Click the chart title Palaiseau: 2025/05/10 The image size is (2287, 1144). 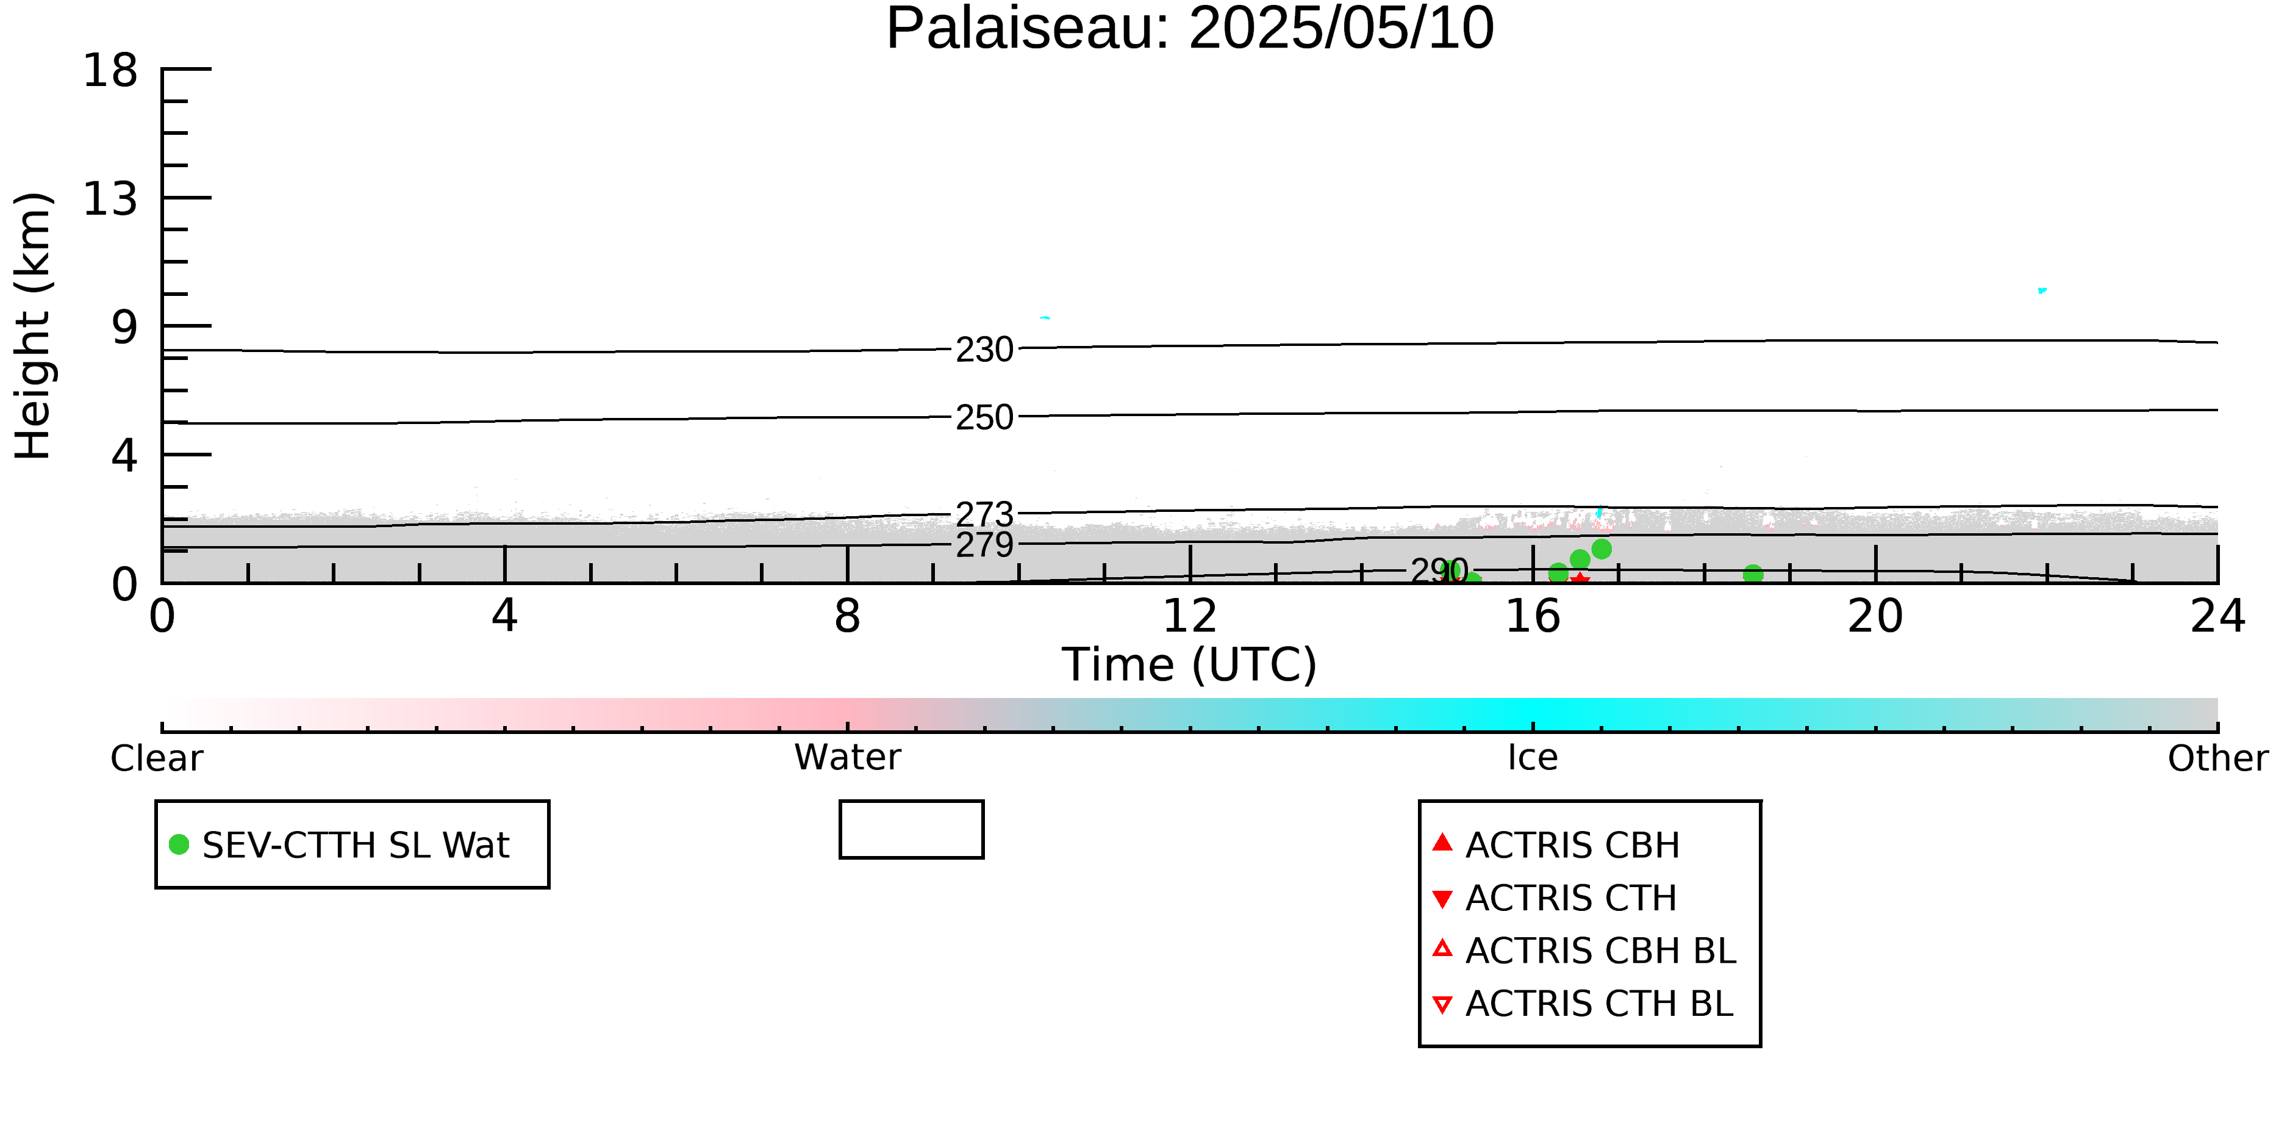1190,29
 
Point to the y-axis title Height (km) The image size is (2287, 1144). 34,326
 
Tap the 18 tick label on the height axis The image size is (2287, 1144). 110,70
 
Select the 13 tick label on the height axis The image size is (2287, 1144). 110,198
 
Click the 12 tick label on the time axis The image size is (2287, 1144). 1190,616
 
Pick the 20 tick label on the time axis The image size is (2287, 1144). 1875,616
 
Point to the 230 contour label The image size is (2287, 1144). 984,349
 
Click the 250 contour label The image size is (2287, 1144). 984,417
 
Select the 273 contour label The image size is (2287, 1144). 984,514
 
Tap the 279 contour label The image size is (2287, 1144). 984,544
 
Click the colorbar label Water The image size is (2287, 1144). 848,757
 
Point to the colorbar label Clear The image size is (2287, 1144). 156,758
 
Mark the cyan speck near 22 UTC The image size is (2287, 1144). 2042,290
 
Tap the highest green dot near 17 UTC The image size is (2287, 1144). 1602,549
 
